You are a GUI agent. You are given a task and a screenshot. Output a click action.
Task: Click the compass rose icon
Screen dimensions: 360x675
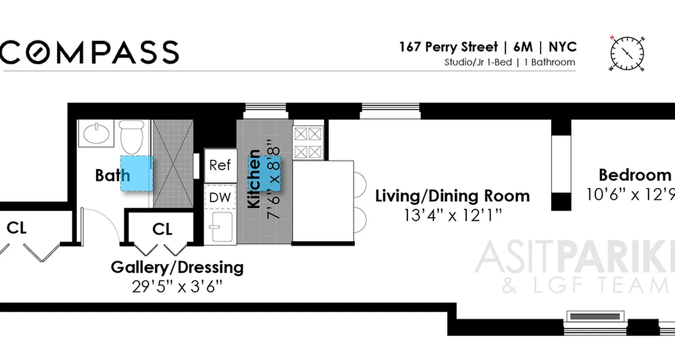(x=627, y=54)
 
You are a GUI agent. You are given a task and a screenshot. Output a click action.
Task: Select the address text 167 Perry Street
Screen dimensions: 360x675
(x=448, y=47)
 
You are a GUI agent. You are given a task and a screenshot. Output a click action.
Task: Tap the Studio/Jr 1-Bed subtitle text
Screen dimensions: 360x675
(x=478, y=63)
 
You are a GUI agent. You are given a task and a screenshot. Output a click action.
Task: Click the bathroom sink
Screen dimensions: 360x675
(x=96, y=134)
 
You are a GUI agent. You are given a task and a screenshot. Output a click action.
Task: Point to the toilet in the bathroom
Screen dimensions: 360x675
(x=131, y=137)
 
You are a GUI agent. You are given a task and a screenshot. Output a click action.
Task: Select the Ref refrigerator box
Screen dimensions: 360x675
(x=220, y=165)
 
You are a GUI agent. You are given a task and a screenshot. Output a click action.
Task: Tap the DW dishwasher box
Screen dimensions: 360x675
(x=220, y=197)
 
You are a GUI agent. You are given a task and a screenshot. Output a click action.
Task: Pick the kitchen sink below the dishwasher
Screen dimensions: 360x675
(x=220, y=228)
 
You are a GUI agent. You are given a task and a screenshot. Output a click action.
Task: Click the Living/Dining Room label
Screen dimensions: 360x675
(x=452, y=196)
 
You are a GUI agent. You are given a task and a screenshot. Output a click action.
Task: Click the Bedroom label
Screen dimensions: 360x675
(x=634, y=175)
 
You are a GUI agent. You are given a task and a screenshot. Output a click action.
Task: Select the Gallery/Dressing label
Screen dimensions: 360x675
(x=177, y=267)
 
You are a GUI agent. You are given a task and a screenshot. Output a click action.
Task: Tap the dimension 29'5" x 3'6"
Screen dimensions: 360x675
(x=177, y=287)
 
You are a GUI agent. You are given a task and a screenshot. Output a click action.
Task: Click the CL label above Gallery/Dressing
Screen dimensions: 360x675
(x=162, y=229)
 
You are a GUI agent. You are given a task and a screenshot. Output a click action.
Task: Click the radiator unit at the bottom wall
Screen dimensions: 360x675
(x=595, y=316)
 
